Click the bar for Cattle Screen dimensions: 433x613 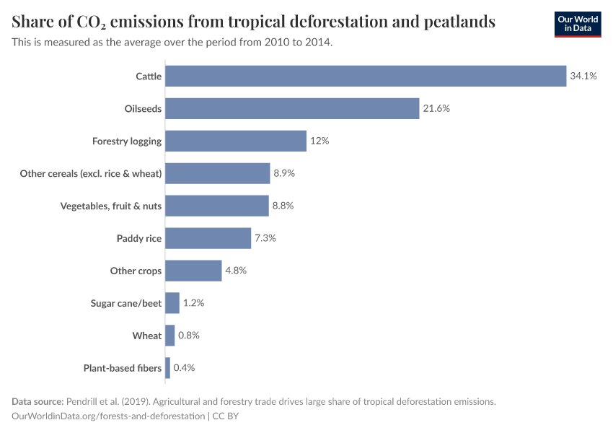(x=366, y=76)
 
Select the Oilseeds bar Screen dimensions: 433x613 (x=292, y=108)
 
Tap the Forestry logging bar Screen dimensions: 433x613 (x=236, y=141)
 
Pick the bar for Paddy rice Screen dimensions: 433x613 (x=208, y=238)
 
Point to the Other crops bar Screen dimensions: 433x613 (x=193, y=271)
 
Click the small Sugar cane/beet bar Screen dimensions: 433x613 (x=172, y=303)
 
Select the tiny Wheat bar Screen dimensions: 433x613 (x=170, y=336)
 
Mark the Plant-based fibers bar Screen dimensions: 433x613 (x=168, y=368)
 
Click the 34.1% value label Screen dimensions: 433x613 (x=583, y=76)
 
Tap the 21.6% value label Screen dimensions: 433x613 (x=436, y=108)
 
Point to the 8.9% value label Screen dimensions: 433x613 (x=284, y=173)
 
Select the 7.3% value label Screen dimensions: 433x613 (x=265, y=238)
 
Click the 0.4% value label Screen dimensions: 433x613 (x=184, y=368)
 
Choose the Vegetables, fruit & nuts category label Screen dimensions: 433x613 (x=111, y=206)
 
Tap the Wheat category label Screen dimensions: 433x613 (x=147, y=336)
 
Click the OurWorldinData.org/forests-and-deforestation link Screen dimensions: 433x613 (x=108, y=416)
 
